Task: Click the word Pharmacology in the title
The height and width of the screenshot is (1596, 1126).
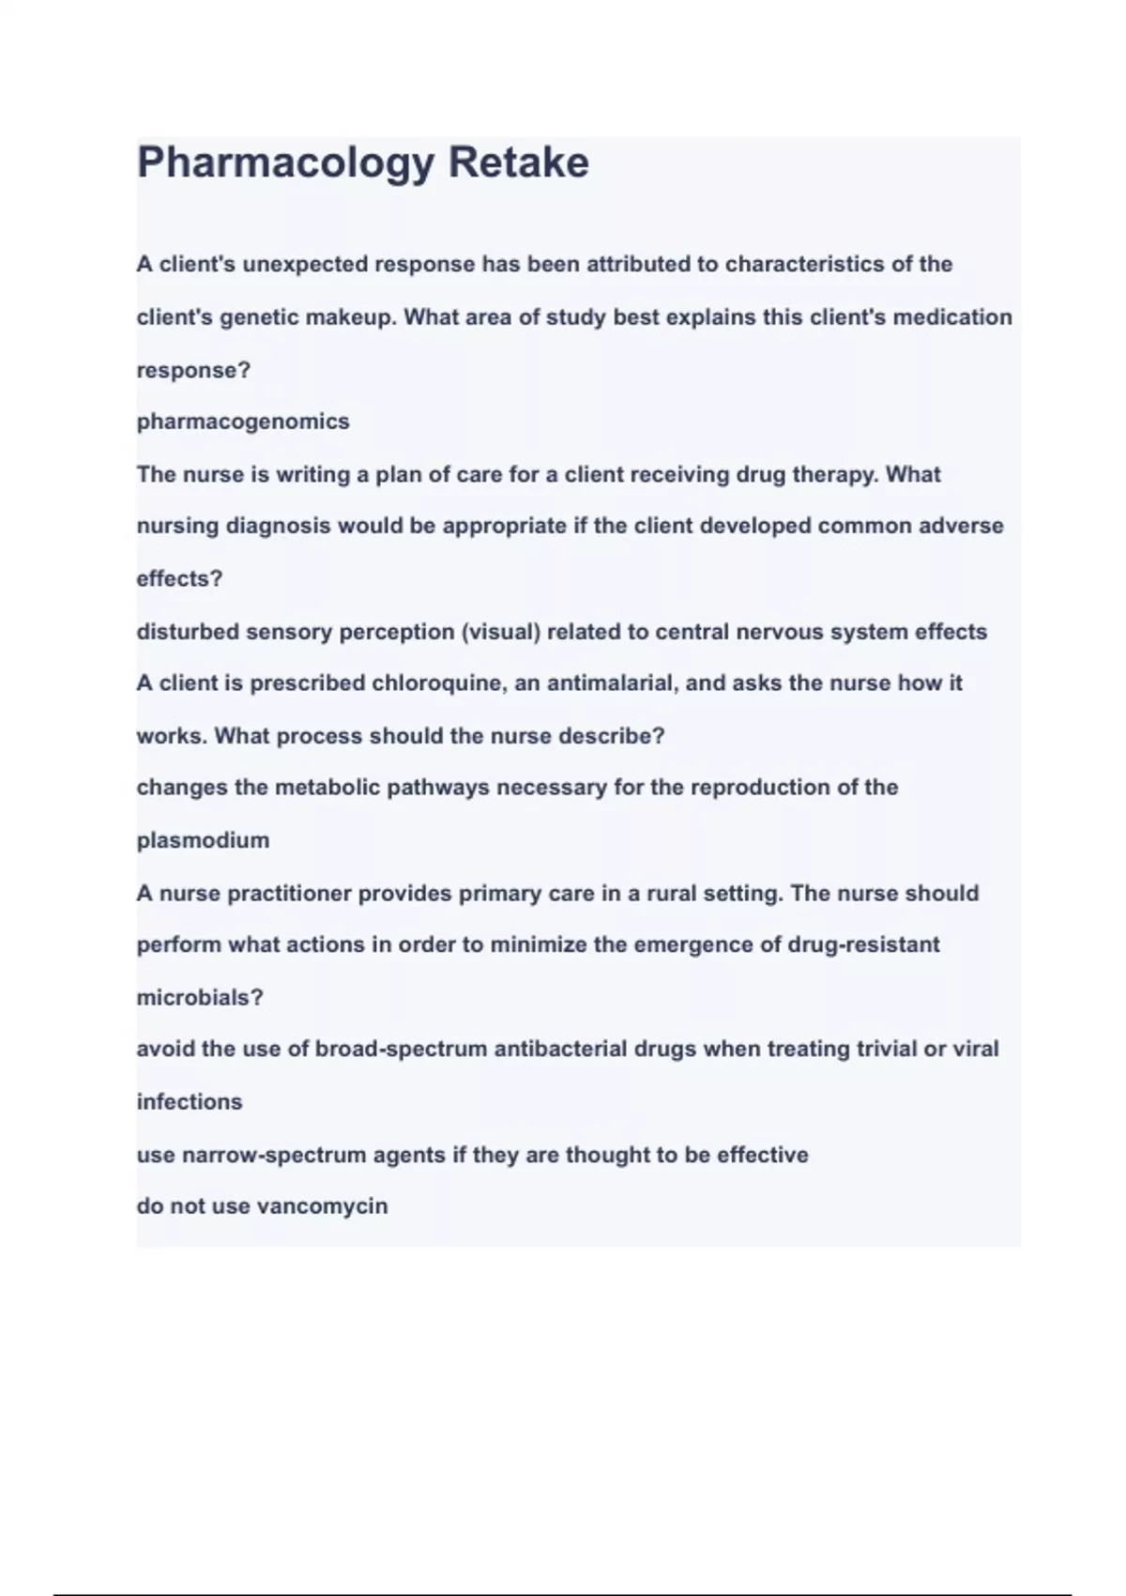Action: [x=285, y=163]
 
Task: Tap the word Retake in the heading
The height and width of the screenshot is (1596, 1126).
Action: [x=518, y=162]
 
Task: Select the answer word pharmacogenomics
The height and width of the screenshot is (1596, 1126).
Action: [x=243, y=422]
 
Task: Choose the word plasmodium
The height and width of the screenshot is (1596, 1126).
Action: [x=203, y=840]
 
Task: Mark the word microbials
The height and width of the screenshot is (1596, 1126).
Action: [x=200, y=997]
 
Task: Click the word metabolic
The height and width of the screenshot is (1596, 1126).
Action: [x=327, y=788]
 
